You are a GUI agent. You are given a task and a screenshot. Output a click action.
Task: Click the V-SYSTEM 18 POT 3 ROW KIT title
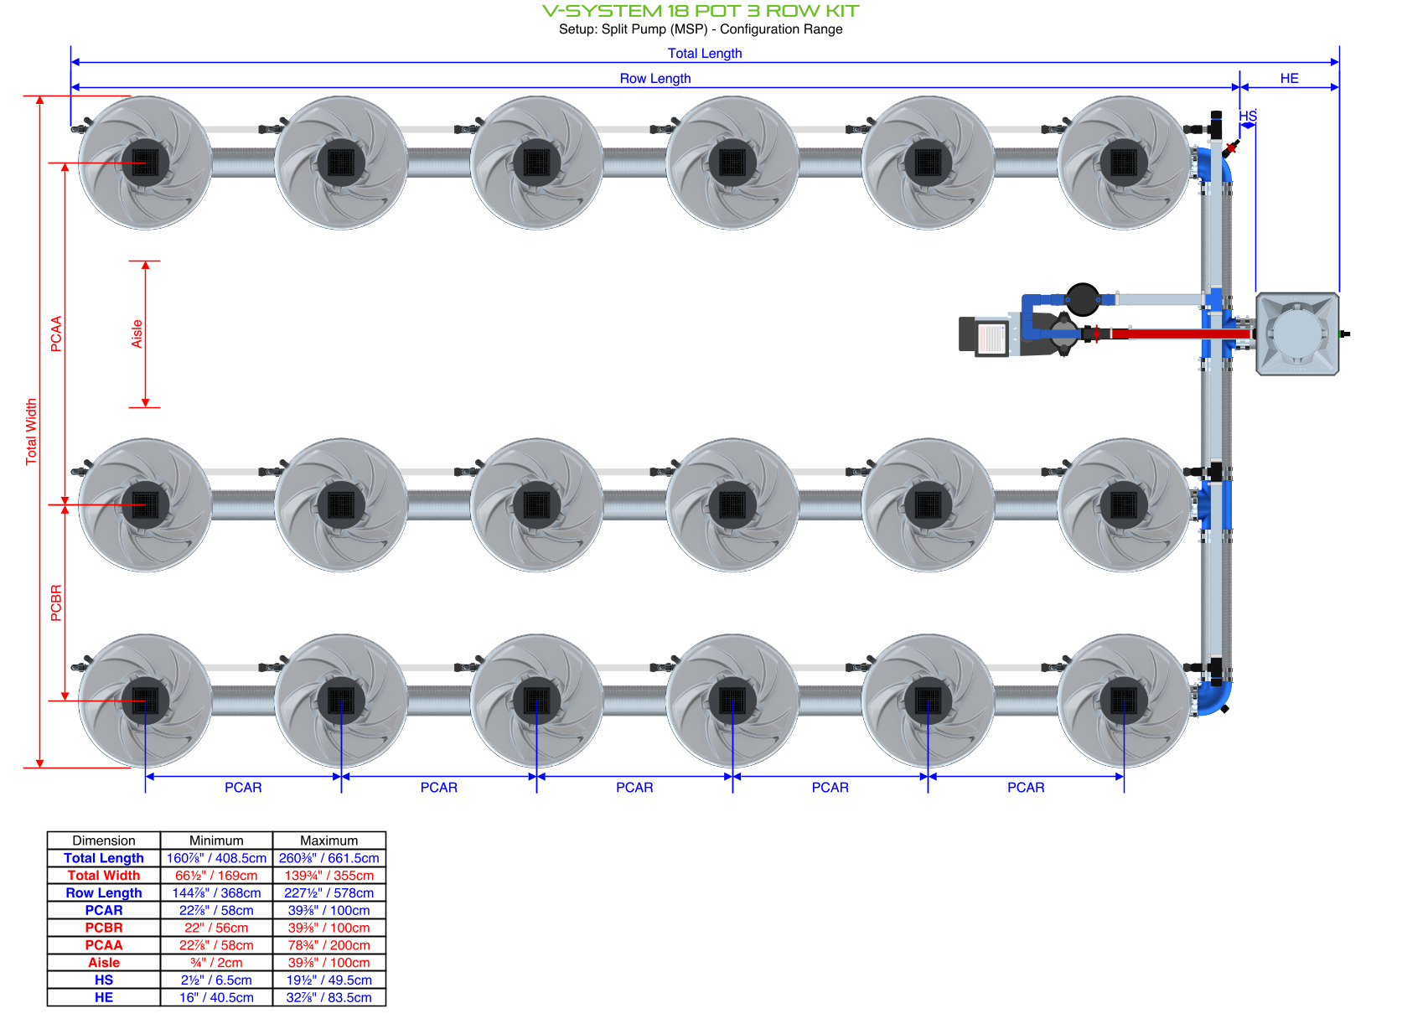point(701,11)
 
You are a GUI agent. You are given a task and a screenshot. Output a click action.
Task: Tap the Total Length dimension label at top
point(704,53)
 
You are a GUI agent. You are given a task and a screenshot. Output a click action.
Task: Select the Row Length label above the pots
point(654,78)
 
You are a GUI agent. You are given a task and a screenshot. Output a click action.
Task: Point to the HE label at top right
point(1289,78)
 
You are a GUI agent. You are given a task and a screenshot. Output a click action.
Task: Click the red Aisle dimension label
point(137,334)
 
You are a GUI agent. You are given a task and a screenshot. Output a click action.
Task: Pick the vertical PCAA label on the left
point(56,334)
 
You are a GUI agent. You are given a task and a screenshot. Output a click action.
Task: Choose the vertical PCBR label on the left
point(56,603)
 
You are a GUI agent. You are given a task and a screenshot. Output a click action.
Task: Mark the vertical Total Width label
point(31,432)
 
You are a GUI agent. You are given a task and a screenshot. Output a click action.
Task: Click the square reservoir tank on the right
point(1296,334)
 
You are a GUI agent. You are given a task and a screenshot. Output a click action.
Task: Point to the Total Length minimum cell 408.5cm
point(216,858)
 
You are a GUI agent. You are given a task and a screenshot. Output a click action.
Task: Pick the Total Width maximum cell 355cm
point(329,876)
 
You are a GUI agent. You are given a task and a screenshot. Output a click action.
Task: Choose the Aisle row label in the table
point(104,963)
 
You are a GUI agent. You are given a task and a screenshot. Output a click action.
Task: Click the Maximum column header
point(329,840)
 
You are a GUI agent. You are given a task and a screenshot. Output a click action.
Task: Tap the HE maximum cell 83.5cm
point(329,997)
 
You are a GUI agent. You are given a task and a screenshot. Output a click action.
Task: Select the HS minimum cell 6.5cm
point(216,980)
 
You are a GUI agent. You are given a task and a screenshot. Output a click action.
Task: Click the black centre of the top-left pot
point(145,162)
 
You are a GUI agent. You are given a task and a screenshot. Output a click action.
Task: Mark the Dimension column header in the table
point(104,840)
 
